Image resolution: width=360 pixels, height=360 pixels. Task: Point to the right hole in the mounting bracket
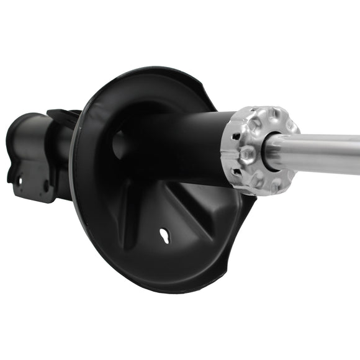[46, 184]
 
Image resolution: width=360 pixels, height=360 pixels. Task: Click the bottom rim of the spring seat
[161, 287]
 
